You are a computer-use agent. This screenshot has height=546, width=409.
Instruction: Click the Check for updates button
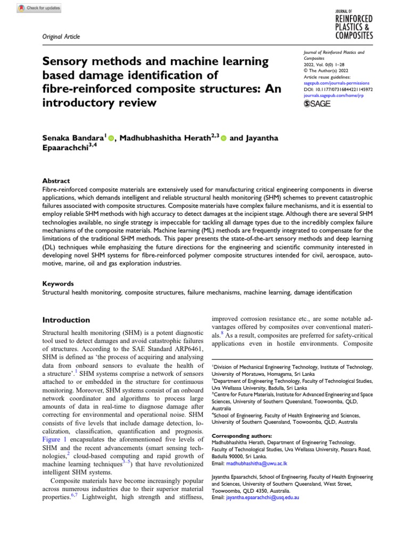pyautogui.click(x=39, y=9)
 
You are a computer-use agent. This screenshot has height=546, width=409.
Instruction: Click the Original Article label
pyautogui.click(x=62, y=36)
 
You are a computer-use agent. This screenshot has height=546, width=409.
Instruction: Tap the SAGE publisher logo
pyautogui.click(x=317, y=103)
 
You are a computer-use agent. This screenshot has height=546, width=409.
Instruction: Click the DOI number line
pyautogui.click(x=338, y=90)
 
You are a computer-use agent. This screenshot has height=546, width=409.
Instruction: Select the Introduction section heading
pyautogui.click(x=66, y=320)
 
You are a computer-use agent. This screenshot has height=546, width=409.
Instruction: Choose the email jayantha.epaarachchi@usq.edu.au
pyautogui.click(x=263, y=497)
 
